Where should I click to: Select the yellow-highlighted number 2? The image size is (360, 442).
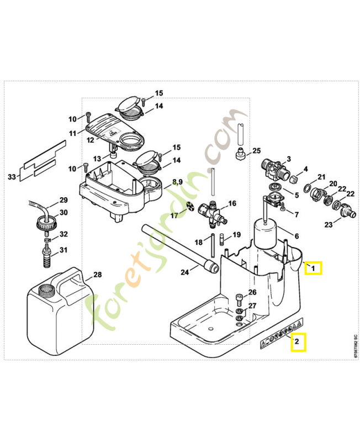pos(298,343)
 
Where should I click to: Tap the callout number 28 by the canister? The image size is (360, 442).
pos(97,275)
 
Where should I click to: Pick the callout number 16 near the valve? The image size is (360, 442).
pos(232,204)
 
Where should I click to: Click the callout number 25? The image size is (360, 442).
pos(256,151)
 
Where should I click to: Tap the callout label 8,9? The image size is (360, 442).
pos(177,181)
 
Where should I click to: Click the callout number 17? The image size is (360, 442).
pos(174,215)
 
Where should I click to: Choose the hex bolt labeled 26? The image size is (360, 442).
pos(239,301)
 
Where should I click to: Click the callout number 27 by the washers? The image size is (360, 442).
pos(252,306)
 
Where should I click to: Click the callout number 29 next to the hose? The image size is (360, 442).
pos(63,199)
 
